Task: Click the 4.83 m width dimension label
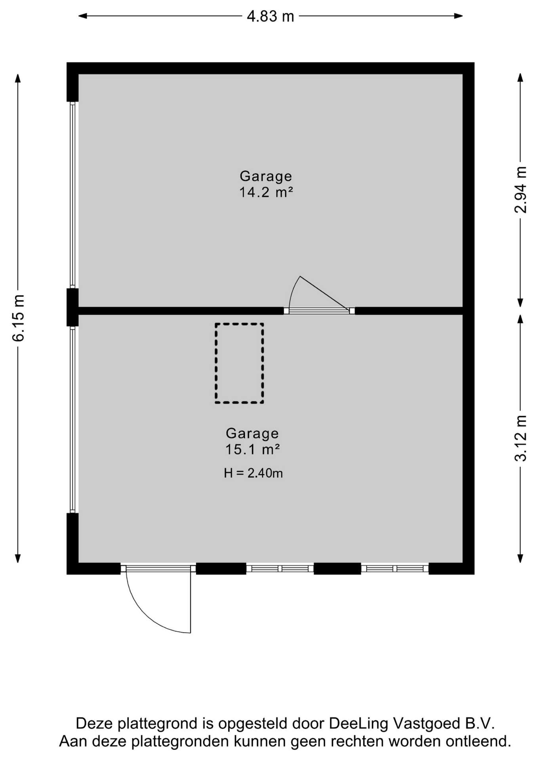(x=270, y=16)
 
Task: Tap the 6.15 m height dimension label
(x=19, y=318)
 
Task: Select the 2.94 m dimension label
(x=521, y=190)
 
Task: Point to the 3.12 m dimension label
(x=521, y=438)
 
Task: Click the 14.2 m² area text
(x=266, y=192)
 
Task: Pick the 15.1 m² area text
(x=252, y=450)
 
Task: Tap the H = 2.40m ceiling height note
(x=253, y=473)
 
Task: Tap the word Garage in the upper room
(x=266, y=176)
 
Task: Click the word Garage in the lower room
(x=252, y=433)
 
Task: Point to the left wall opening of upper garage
(x=72, y=194)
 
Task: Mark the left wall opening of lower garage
(x=72, y=419)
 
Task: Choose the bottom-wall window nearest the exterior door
(x=280, y=569)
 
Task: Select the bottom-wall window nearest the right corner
(x=395, y=569)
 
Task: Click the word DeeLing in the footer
(x=359, y=723)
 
